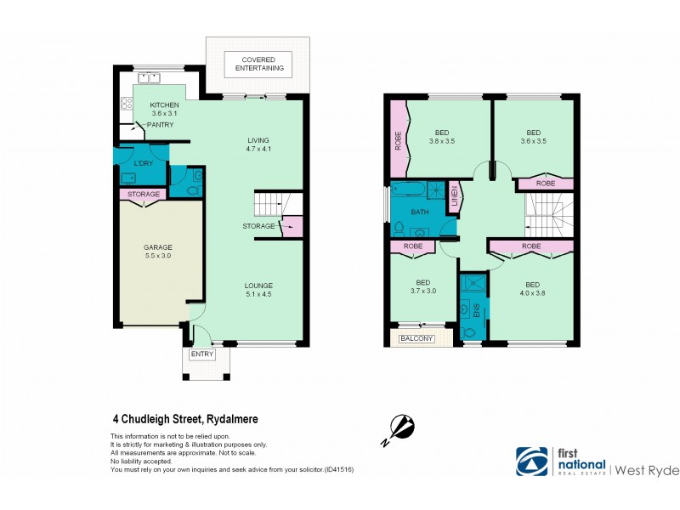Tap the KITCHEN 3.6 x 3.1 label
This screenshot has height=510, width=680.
click(164, 109)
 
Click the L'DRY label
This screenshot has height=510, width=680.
click(143, 162)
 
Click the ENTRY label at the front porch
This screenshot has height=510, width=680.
click(202, 354)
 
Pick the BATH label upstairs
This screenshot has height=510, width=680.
click(420, 212)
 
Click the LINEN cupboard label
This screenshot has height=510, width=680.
click(454, 195)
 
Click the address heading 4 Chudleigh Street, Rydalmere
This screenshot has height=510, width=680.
click(185, 418)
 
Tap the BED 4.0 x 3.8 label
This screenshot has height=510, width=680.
click(532, 290)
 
